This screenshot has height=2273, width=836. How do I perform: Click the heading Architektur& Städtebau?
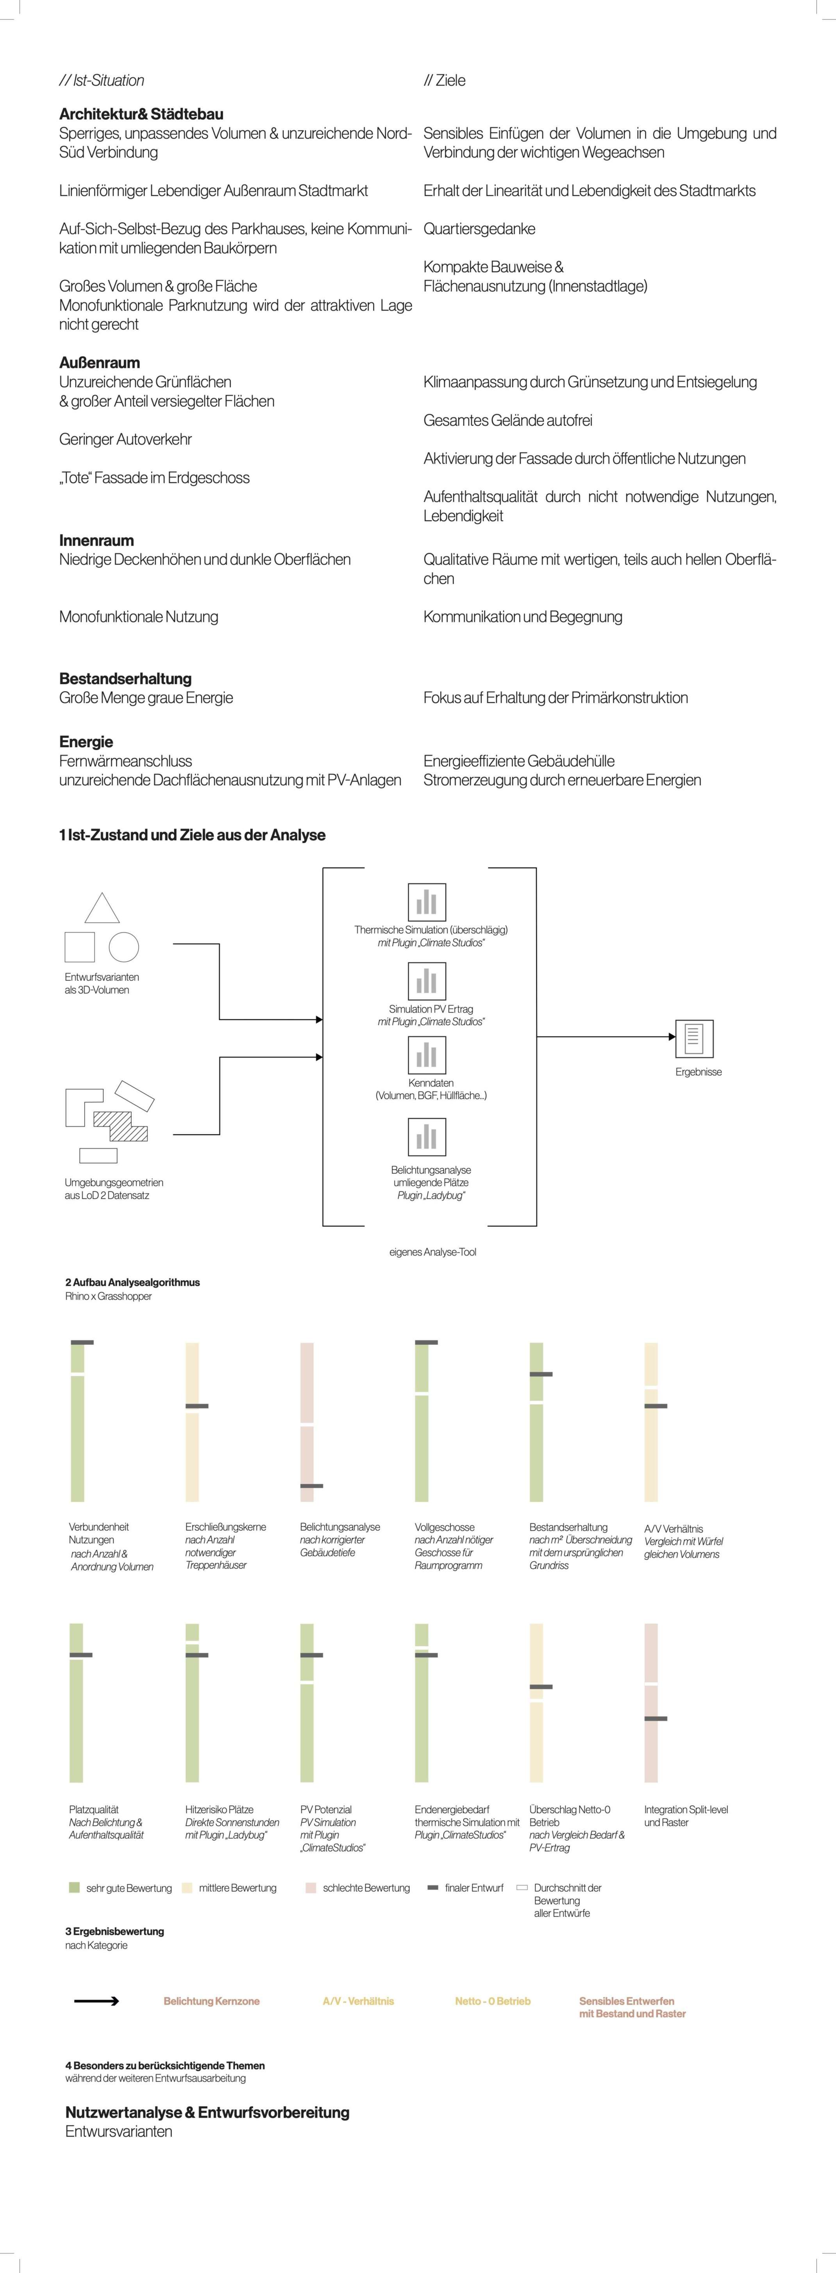point(141,114)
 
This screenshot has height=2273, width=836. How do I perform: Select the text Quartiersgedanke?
point(479,229)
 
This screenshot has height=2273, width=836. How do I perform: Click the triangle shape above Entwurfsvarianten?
point(102,909)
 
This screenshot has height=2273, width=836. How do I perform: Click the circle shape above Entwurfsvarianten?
point(123,947)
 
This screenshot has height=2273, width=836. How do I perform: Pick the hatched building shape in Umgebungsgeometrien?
point(121,1125)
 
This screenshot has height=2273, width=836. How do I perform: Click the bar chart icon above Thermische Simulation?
point(427,902)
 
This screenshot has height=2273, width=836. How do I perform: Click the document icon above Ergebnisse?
point(694,1038)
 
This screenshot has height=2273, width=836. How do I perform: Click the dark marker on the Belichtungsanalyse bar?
point(311,1486)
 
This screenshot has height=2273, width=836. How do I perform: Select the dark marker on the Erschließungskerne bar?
point(196,1406)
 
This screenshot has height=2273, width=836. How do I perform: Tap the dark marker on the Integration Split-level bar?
point(655,1718)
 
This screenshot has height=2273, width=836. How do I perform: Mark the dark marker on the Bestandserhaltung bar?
point(541,1374)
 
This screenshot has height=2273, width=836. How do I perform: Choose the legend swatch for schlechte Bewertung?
point(311,1887)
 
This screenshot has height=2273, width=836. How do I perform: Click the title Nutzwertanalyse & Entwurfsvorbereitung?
point(207,2112)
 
